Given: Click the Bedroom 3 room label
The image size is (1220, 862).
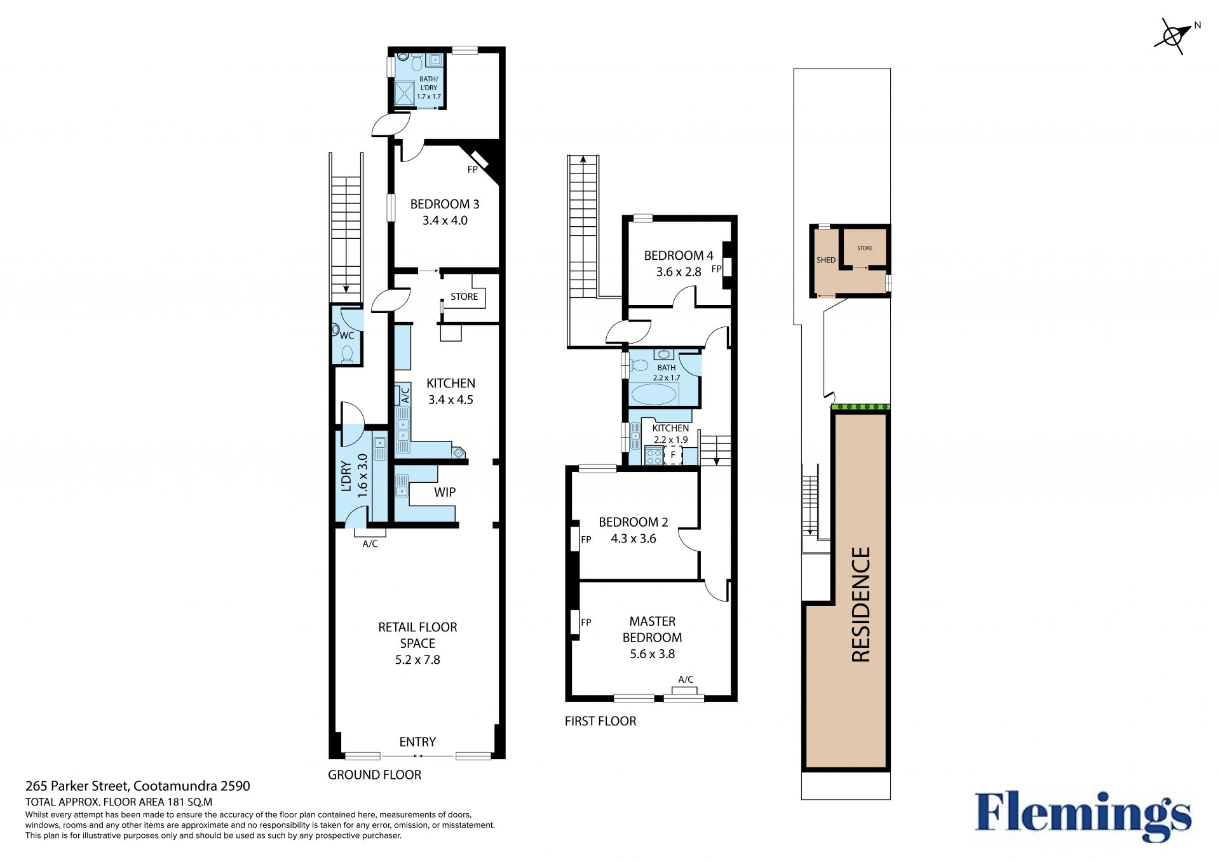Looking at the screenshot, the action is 445,205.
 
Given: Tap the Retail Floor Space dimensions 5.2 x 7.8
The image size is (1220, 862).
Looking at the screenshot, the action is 417,660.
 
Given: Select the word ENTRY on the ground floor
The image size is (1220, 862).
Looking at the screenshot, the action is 417,742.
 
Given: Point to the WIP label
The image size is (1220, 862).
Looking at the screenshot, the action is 445,492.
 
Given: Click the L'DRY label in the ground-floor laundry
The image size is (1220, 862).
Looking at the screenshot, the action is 346,476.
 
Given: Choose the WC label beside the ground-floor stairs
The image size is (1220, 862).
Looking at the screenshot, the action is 347,336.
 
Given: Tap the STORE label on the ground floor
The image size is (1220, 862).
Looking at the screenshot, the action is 464,297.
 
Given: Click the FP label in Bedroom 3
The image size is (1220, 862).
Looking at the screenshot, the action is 472,170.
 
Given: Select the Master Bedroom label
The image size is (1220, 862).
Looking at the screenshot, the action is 653,630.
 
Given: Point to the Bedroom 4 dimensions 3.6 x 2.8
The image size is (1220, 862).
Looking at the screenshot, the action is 679,272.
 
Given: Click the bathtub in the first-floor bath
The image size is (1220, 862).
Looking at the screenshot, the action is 654,394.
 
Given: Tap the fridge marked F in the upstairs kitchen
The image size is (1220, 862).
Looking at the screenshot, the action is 673,455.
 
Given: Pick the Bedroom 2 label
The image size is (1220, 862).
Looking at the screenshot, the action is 634,522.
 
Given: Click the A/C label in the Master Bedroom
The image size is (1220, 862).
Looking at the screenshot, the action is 686,680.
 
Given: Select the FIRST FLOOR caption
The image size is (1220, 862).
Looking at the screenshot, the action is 600,721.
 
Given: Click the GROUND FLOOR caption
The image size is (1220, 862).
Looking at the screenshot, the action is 374,775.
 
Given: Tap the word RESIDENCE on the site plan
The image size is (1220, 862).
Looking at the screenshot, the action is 860,605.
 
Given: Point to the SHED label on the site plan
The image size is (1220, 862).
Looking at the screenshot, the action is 826,260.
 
